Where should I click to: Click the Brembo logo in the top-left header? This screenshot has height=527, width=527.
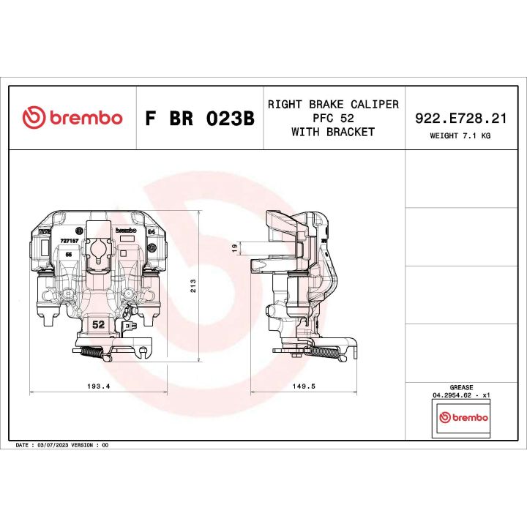(x=72, y=118)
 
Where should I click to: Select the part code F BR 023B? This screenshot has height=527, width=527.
(x=200, y=119)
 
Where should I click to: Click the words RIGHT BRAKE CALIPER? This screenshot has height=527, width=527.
(x=333, y=104)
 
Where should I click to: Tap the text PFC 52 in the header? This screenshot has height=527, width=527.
(x=333, y=118)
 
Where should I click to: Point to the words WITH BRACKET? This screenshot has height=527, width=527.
(x=333, y=132)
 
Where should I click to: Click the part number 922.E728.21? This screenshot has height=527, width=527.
(x=460, y=117)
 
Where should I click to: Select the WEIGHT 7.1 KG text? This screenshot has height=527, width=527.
(x=460, y=135)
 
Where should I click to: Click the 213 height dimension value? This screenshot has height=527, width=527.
(x=193, y=286)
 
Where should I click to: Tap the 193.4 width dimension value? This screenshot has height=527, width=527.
(x=97, y=386)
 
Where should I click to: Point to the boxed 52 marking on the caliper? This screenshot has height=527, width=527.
(x=97, y=324)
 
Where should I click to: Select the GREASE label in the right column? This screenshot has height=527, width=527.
(x=461, y=387)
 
